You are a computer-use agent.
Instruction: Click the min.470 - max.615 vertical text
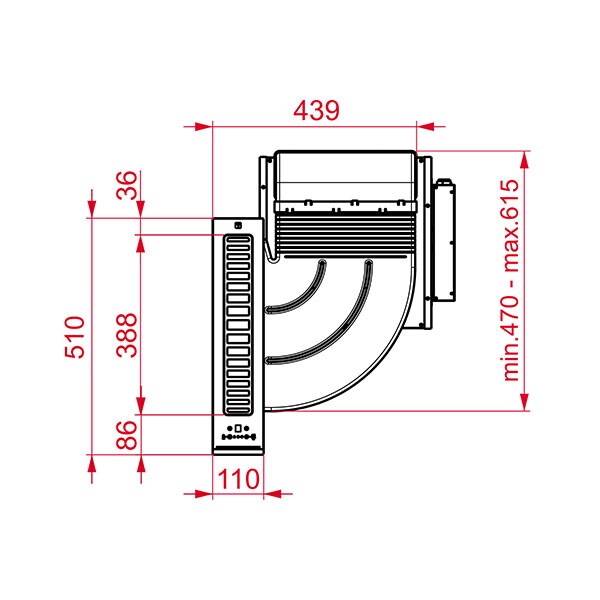click(x=511, y=281)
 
